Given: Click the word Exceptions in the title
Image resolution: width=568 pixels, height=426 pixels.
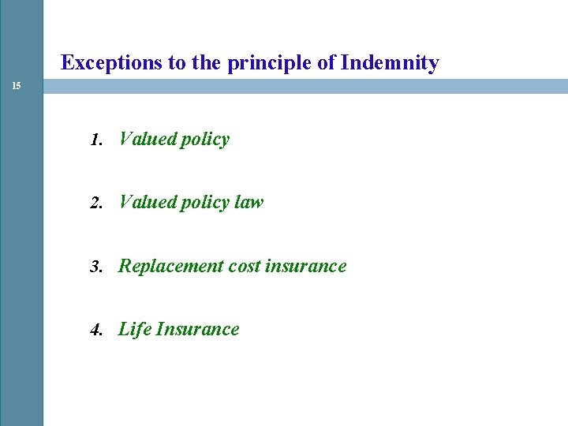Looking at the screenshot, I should click(111, 63).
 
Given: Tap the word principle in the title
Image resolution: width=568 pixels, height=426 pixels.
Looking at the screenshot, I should click(269, 63).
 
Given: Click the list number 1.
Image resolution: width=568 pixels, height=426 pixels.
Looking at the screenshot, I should click(95, 140).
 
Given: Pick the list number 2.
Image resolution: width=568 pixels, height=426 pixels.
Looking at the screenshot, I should click(95, 204).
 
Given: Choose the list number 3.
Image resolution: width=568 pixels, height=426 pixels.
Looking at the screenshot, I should click(95, 267).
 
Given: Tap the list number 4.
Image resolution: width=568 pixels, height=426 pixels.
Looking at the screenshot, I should click(95, 331).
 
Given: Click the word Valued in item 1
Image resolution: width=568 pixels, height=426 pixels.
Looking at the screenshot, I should click(147, 140).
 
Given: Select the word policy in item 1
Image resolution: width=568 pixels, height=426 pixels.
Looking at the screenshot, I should click(204, 140).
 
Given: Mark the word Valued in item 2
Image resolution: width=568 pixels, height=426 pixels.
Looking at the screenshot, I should click(147, 203).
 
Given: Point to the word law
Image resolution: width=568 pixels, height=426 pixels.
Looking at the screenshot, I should click(248, 203).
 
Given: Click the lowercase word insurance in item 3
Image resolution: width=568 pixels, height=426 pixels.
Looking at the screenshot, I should click(306, 267).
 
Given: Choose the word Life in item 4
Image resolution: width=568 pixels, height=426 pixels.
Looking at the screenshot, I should click(134, 330).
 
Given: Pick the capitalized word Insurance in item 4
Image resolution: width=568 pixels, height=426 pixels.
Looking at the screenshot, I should click(197, 330).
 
